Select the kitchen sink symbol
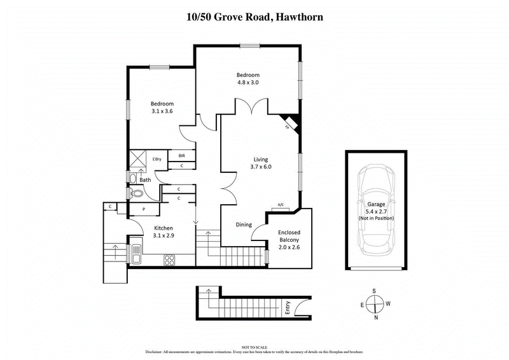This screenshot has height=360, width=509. coord(136,253)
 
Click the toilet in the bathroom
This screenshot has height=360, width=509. coord(136,193)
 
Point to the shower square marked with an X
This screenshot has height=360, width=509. coord(138,158)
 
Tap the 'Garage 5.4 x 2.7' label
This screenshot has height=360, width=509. coord(375,208)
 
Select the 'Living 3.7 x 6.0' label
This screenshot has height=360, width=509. coord(261,163)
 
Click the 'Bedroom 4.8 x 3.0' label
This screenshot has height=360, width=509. coord(248,78)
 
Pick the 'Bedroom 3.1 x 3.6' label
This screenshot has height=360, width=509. coord(162,107)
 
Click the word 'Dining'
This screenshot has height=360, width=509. coord(244,225)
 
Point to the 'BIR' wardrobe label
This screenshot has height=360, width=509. coord(182,155)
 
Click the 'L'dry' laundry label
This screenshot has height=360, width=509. coord(157,158)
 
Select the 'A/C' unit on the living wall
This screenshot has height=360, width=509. coord(281,205)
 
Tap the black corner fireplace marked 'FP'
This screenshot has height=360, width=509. coord(290,122)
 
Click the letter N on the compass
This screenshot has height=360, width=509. coord(375,317)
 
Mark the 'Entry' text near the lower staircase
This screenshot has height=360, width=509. coord(288,308)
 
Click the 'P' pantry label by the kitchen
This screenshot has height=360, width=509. coord(144,209)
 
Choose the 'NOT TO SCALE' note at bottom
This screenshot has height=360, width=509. coord(254,346)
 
